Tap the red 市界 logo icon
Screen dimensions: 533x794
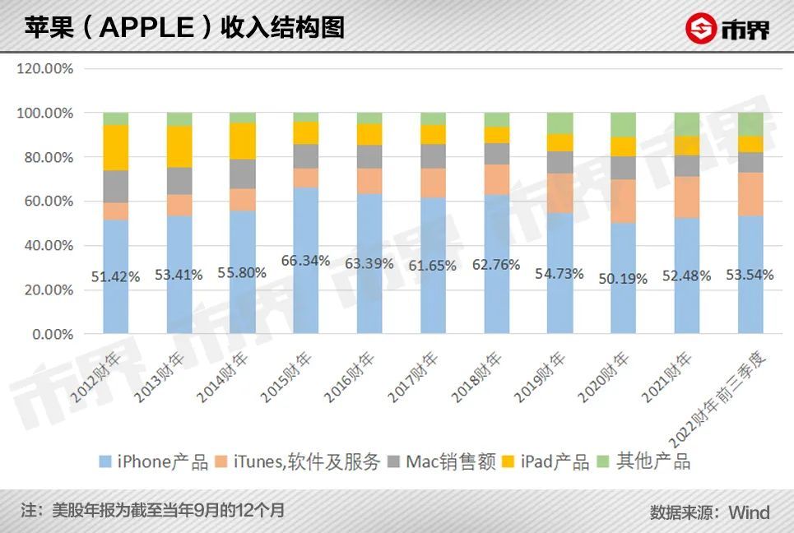coord(700,30)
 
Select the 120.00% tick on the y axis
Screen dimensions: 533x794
coord(45,69)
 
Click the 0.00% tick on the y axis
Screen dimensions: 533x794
coord(52,335)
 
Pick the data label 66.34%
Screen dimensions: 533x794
coord(306,261)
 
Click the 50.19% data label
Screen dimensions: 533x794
coord(623,279)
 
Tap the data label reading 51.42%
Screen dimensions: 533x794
coord(115,276)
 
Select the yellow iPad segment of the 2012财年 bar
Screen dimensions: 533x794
coord(115,147)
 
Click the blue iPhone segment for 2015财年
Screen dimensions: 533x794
coord(306,296)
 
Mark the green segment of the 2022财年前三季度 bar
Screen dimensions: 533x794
coord(750,123)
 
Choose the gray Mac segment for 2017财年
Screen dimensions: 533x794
coord(433,156)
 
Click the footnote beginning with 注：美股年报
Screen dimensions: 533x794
coord(152,510)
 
